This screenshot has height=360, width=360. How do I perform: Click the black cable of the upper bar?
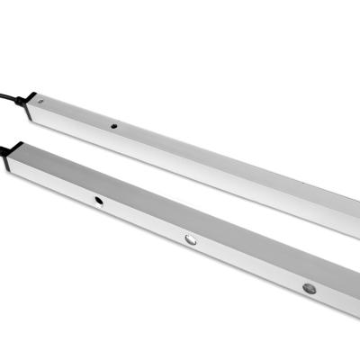click(x=11, y=90)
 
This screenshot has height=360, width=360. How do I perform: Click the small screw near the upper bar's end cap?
click(x=41, y=104)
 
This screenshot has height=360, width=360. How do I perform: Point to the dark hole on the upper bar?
click(x=114, y=126)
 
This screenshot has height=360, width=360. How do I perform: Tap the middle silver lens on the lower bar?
click(x=191, y=240)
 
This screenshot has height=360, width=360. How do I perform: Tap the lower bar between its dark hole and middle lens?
click(x=144, y=220)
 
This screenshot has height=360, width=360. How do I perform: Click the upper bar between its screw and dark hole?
click(x=77, y=115)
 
